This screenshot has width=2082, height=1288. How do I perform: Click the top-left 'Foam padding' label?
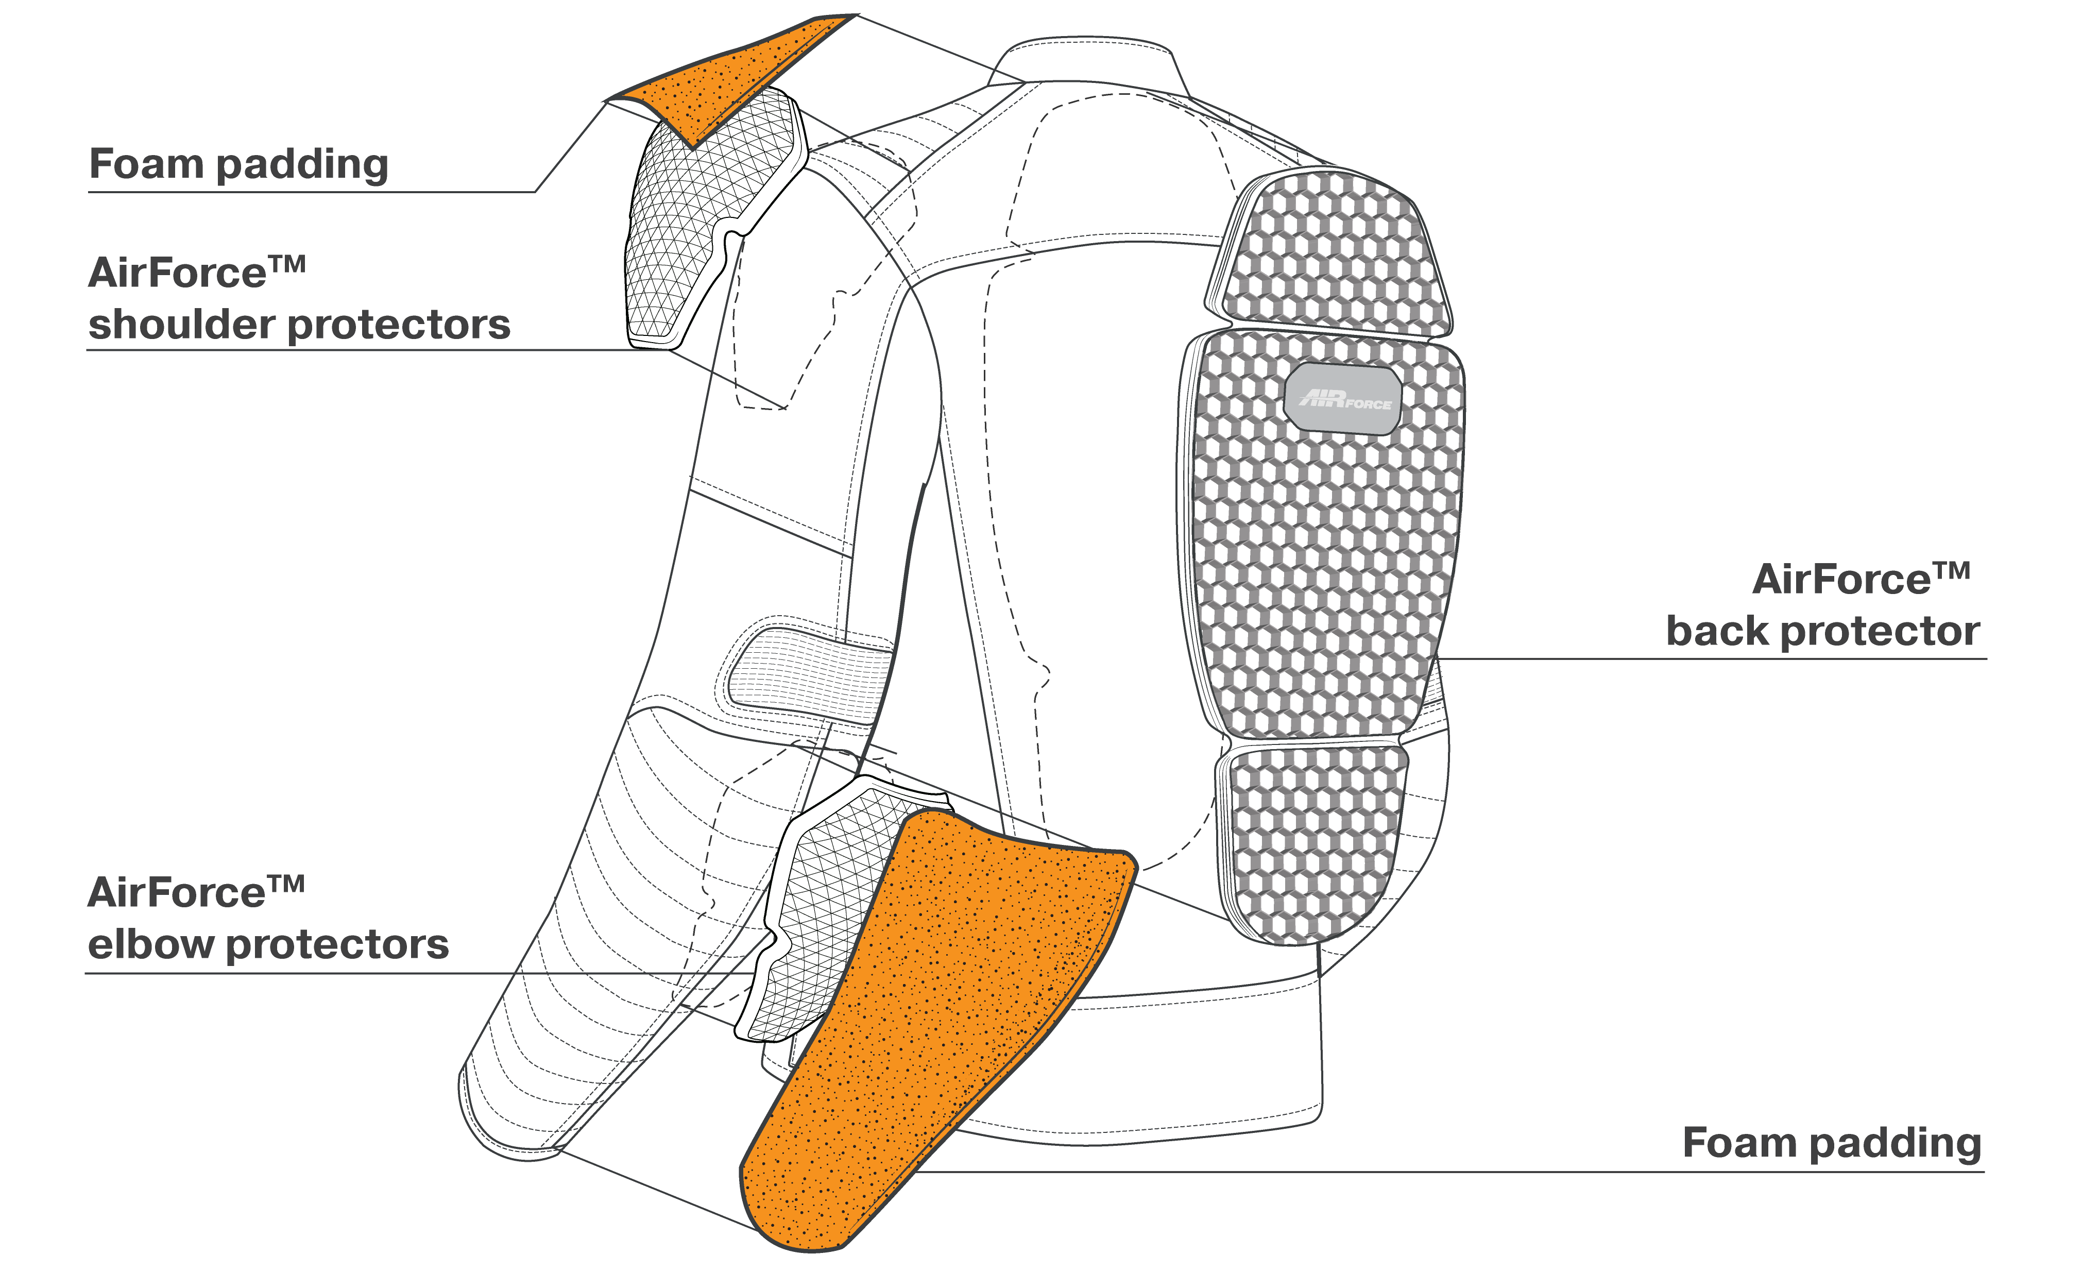coord(238,164)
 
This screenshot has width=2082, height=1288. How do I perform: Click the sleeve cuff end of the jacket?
coord(511,1116)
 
